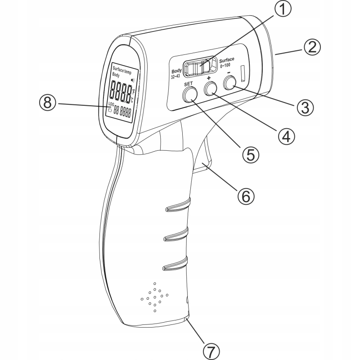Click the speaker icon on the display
pos(132,80)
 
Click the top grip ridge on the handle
pos(177,207)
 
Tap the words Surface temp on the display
pos(121,69)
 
